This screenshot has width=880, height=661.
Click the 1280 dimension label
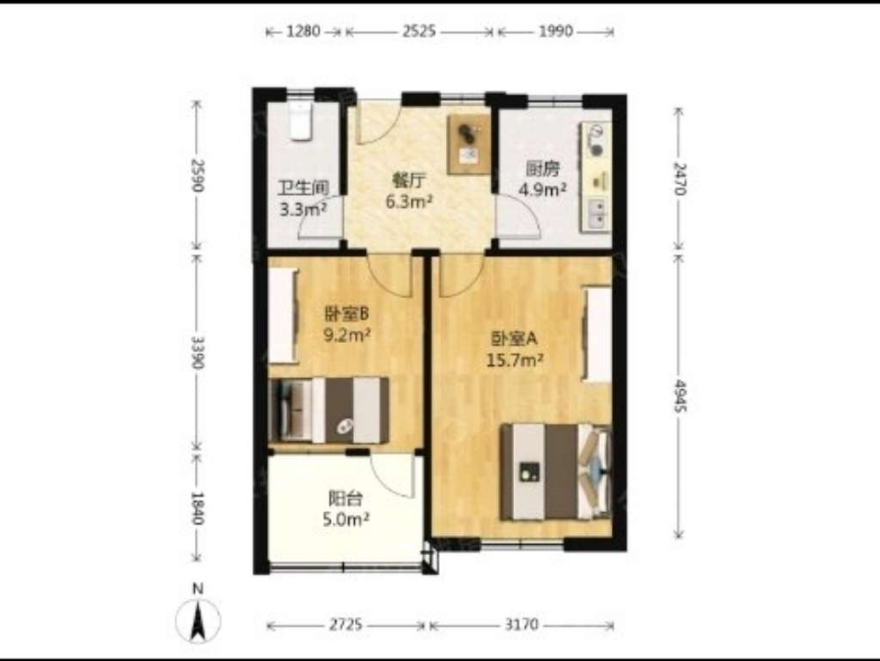click(x=303, y=31)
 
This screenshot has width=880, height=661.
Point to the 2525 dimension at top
click(x=419, y=31)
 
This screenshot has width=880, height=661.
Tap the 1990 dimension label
click(x=556, y=31)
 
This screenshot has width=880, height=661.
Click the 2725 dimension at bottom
click(x=346, y=625)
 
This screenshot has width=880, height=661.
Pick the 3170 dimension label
click(x=521, y=625)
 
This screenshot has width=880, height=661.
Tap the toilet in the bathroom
click(x=301, y=121)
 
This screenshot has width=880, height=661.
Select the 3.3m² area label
click(x=303, y=210)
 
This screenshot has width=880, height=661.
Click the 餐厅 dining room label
click(x=408, y=181)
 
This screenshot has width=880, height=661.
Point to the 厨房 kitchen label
click(x=542, y=170)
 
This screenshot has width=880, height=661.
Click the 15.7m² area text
click(x=515, y=361)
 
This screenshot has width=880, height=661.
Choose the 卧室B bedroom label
click(x=346, y=315)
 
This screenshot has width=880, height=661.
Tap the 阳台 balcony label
click(x=346, y=498)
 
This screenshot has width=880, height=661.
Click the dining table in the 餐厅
click(x=469, y=144)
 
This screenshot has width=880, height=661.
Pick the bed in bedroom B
click(x=330, y=410)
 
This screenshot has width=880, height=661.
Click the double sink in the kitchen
click(x=597, y=215)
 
